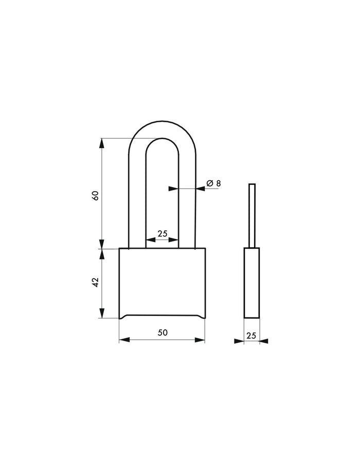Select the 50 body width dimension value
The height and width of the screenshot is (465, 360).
point(162,332)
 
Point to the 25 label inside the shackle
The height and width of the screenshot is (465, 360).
point(162,233)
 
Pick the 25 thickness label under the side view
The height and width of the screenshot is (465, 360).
point(251,335)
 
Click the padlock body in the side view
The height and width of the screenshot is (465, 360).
point(251,283)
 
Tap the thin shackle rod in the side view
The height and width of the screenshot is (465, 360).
point(251,216)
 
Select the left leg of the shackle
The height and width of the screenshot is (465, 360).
point(137,206)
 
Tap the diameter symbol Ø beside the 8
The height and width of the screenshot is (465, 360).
point(209,183)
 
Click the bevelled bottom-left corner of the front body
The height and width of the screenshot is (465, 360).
point(121,316)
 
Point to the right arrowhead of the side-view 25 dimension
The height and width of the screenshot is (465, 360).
point(264,341)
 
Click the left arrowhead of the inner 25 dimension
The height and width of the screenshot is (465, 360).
point(150,240)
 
